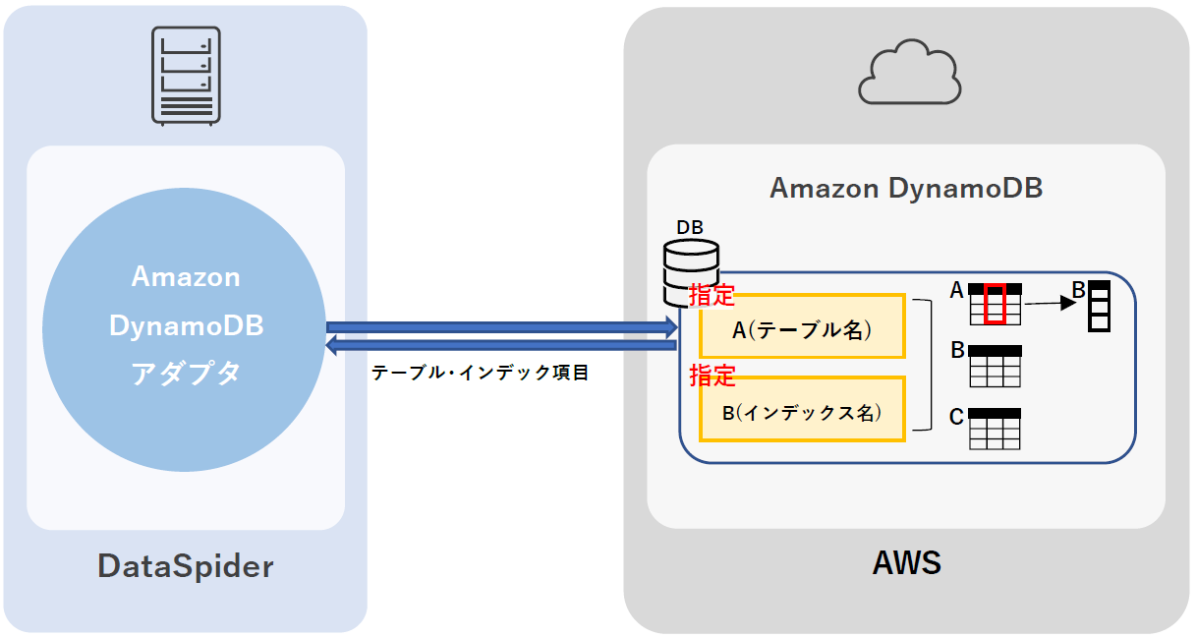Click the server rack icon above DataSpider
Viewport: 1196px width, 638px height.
[185, 76]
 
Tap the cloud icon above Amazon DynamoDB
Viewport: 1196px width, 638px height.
[908, 72]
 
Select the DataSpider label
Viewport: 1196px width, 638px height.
[185, 566]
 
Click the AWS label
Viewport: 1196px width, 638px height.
[906, 563]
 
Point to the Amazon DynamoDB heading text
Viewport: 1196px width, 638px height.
[905, 188]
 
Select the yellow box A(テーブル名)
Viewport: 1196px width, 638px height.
[802, 326]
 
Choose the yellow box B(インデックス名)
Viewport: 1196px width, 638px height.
[802, 410]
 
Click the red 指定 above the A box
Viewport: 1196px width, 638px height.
[712, 294]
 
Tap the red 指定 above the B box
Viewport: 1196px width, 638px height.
[712, 375]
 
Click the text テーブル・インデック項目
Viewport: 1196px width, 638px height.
[480, 374]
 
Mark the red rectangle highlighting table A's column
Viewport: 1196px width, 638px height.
[996, 304]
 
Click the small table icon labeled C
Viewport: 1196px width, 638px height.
[995, 430]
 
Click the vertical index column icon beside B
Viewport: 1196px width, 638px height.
[1100, 307]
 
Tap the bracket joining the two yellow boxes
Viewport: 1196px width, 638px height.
[924, 366]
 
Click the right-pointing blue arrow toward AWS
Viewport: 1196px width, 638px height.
[501, 325]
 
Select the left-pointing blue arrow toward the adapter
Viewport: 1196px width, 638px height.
[501, 344]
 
